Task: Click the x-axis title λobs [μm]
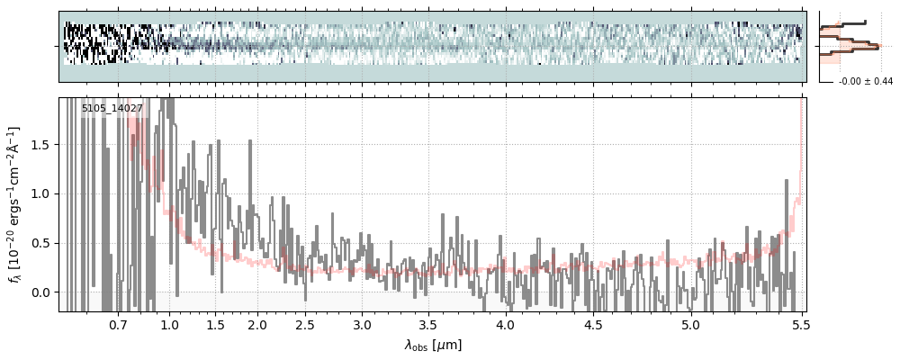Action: [x=433, y=345]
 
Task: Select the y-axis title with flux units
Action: [x=15, y=204]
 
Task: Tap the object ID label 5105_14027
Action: [x=112, y=109]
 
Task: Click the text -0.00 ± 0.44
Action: [x=865, y=82]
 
